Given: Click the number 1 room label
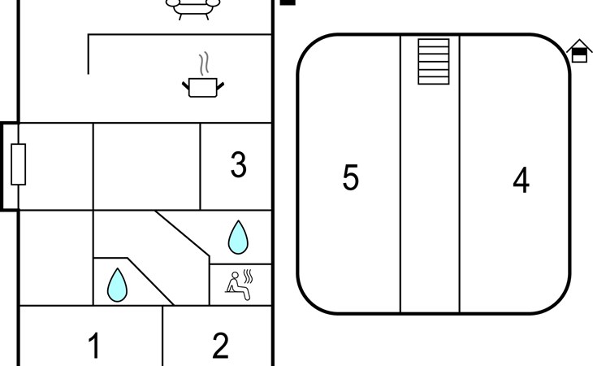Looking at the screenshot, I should (94, 346).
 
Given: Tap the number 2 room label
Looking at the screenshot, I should (220, 346).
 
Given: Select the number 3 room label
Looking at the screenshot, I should (238, 165).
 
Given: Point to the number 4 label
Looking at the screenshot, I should (521, 181).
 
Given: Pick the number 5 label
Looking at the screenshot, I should (350, 177).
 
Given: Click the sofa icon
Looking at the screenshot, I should (193, 8).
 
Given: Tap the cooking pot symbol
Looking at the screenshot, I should (202, 86).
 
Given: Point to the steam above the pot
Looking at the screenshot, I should (205, 63).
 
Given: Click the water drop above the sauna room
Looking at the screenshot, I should (238, 237).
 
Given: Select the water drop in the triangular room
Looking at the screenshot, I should (118, 285).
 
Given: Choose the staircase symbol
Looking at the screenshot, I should (434, 61).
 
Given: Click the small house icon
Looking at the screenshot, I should (579, 50).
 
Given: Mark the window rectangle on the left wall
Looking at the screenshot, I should (18, 164).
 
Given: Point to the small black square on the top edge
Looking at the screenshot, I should (288, 2).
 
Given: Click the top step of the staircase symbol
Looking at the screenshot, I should (434, 43).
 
